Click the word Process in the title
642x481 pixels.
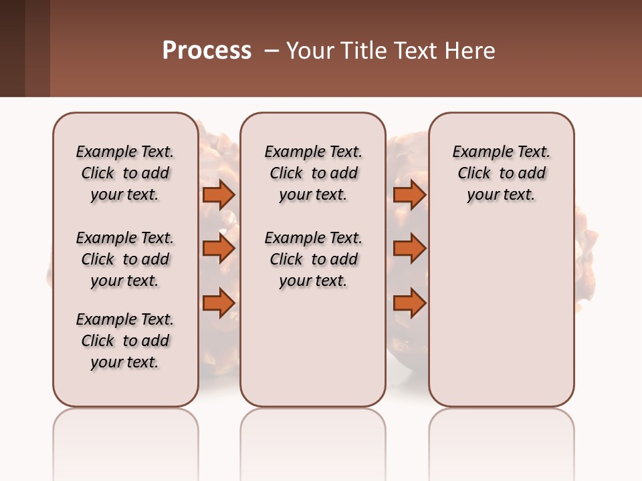tap(207, 51)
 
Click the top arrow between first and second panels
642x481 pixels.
tap(218, 194)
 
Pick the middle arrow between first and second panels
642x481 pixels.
tap(218, 249)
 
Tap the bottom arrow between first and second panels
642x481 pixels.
tap(218, 303)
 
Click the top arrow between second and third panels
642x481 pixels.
tap(409, 194)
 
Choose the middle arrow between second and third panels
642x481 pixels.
tap(409, 249)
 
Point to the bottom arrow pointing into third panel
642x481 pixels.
tap(409, 303)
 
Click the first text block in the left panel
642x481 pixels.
tap(125, 173)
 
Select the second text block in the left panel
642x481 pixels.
tap(125, 259)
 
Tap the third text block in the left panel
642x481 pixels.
tap(125, 341)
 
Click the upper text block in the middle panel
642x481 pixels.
tap(313, 173)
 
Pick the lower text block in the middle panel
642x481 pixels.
tap(313, 259)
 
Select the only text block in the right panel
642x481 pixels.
tap(501, 173)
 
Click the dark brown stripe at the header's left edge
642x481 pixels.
tap(12, 48)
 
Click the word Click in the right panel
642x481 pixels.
tap(474, 173)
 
